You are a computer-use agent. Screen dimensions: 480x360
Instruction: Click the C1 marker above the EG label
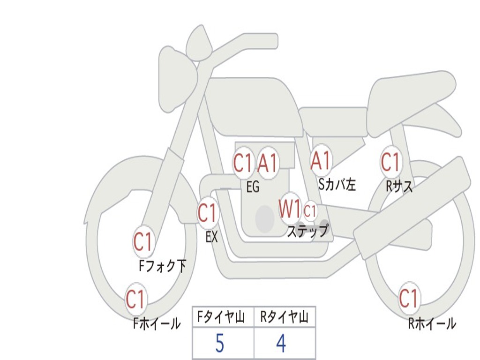[x=243, y=162]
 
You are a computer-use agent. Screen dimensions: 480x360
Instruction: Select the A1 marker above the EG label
[x=268, y=163]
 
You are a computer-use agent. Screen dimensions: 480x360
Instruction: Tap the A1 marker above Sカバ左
[x=321, y=160]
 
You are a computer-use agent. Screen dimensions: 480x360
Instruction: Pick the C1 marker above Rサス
[x=391, y=161]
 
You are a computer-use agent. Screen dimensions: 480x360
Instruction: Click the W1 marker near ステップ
[x=290, y=209]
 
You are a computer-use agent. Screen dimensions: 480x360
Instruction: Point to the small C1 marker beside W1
[x=310, y=210]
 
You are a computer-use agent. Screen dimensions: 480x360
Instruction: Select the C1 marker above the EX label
[x=208, y=213]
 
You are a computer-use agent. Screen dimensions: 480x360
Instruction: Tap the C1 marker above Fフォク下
[x=143, y=242]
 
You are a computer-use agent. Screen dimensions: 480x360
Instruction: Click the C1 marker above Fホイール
[x=135, y=299]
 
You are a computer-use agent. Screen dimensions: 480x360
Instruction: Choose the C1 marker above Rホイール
[x=409, y=298]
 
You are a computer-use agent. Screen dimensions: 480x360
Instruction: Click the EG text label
[x=253, y=187]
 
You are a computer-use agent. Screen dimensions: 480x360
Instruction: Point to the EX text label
[x=212, y=237]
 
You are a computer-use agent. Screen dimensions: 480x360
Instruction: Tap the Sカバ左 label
[x=337, y=184]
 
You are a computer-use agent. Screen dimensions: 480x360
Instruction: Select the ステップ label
[x=307, y=231]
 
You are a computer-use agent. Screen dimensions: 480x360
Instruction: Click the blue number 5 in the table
[x=220, y=343]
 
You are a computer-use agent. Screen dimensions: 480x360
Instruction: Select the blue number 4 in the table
[x=281, y=343]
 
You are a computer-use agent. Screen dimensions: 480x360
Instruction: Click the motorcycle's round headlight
[x=178, y=80]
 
